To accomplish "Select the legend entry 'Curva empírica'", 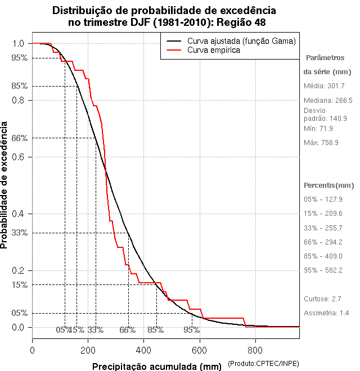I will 214,50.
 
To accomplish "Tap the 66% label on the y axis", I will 20,138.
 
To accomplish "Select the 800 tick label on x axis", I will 255,350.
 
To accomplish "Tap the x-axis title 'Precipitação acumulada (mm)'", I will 157,367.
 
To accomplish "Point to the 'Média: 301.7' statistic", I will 324,86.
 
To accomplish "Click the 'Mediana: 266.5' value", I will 328,101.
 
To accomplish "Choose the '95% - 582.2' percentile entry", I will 323,270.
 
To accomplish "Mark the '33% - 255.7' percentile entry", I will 323,228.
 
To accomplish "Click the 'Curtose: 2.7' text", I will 322,298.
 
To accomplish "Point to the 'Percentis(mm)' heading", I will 329,185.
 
